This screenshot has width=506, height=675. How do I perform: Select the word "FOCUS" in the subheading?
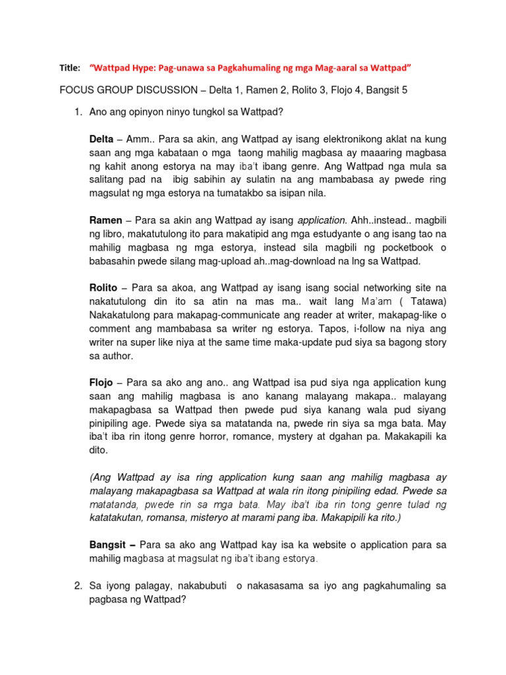76,90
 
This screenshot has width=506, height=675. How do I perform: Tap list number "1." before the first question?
77,112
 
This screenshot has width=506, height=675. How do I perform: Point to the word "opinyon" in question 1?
146,112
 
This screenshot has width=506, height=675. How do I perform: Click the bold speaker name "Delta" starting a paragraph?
101,140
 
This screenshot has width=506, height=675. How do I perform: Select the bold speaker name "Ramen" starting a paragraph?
105,219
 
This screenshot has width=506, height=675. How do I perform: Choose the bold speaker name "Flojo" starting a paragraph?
102,382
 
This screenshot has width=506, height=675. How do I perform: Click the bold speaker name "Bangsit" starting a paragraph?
108,544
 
